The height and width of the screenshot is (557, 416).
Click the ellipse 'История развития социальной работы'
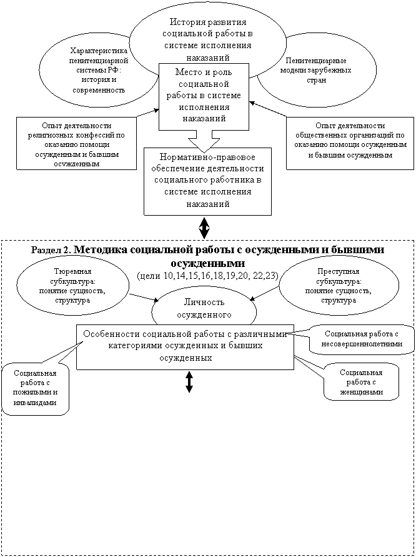click(x=206, y=34)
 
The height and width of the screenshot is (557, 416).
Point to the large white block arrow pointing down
click(x=204, y=138)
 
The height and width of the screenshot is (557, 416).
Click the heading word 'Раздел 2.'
click(x=51, y=249)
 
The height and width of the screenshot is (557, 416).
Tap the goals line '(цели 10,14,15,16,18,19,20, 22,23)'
click(x=207, y=275)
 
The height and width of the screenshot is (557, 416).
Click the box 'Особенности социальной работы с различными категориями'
click(x=185, y=346)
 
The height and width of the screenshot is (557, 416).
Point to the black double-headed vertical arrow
click(x=189, y=382)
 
